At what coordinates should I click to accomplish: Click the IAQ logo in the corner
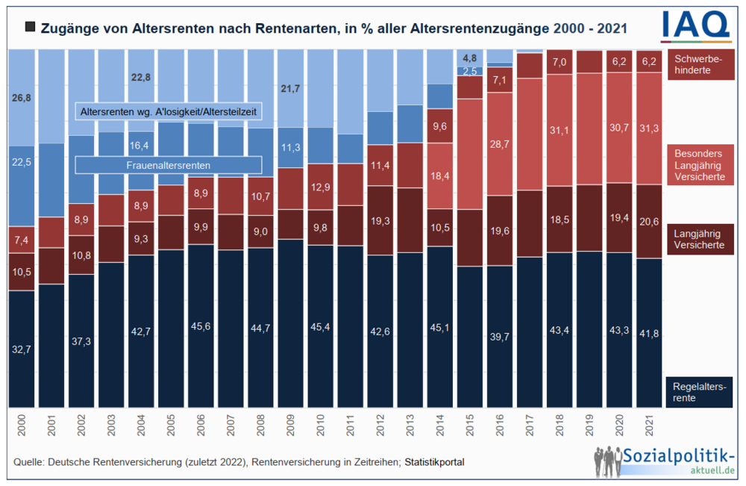pyautogui.click(x=695, y=25)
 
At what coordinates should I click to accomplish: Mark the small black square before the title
pyautogui.click(x=30, y=28)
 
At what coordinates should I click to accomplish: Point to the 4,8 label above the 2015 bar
pyautogui.click(x=470, y=58)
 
